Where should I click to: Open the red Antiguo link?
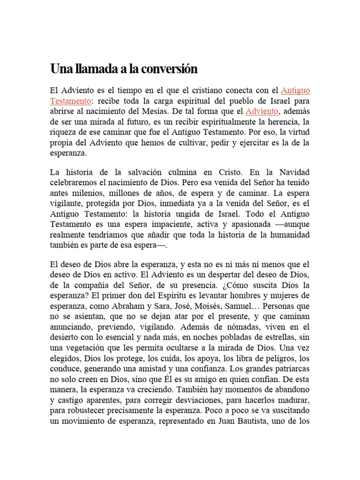[295, 90]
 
